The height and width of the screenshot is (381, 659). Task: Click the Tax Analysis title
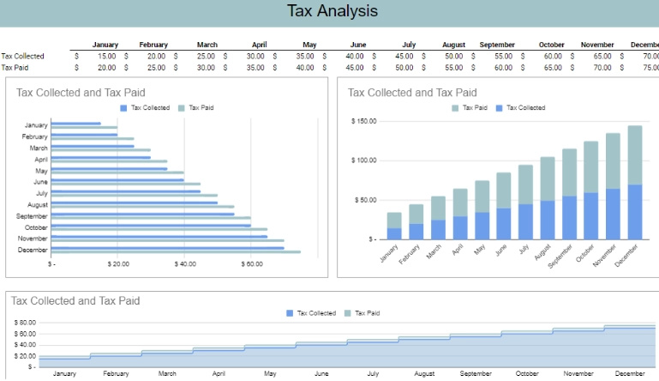[332, 11]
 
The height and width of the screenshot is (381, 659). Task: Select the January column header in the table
[105, 45]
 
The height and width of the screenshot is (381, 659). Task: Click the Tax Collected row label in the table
[22, 56]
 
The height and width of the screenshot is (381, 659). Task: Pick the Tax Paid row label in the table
[17, 67]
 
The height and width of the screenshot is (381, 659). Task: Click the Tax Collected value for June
[355, 56]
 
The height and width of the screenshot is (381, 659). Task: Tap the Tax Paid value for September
[503, 67]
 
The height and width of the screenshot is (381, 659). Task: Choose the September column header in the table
[497, 45]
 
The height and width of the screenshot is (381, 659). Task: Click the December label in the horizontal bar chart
[33, 250]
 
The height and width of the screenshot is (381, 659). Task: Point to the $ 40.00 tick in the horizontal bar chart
[185, 264]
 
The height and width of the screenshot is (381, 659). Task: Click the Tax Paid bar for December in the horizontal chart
[176, 251]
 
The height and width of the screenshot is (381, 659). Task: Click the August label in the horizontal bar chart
[37, 205]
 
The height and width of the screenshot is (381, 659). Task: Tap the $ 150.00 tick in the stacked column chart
[364, 121]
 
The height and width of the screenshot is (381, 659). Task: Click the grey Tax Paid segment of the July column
[526, 184]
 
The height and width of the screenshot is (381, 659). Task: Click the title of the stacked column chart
[412, 92]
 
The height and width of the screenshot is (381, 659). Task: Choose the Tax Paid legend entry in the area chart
[367, 313]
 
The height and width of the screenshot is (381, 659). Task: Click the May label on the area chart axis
[270, 374]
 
